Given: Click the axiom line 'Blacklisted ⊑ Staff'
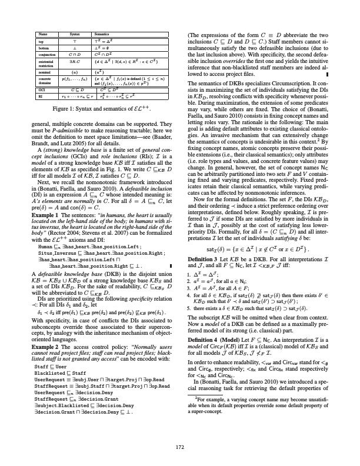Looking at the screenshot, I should [x=54, y=347].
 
